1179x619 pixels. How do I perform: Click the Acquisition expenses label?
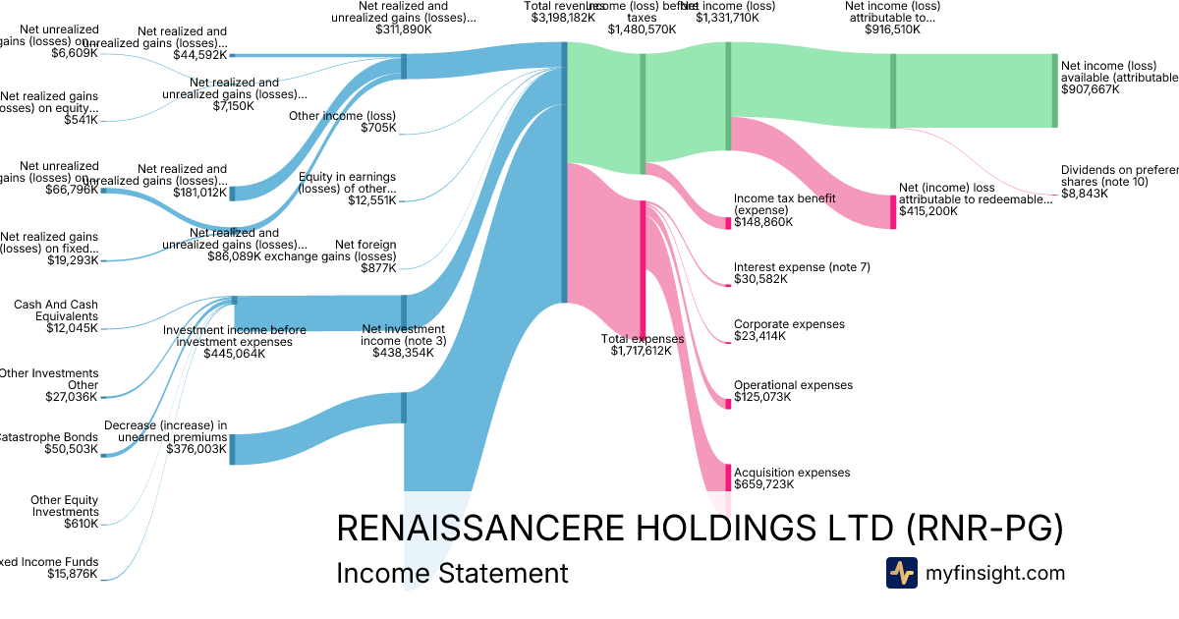(x=791, y=473)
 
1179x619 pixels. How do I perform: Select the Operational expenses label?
(x=793, y=385)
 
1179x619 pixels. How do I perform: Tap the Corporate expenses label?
(x=789, y=324)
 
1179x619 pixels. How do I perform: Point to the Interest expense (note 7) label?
(x=802, y=267)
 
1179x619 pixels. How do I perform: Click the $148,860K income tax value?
(x=763, y=222)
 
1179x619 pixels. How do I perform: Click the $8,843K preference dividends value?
(x=1085, y=194)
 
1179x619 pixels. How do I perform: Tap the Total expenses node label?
(x=641, y=339)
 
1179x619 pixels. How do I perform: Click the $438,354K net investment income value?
(x=403, y=353)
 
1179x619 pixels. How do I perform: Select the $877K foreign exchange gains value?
(x=378, y=268)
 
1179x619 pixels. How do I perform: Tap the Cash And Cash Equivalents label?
(x=56, y=310)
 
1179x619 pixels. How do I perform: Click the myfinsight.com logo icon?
(x=901, y=573)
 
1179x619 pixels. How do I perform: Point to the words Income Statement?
(x=452, y=573)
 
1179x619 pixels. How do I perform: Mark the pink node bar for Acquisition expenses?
(x=728, y=477)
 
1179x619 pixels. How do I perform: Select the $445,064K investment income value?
(x=234, y=354)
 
